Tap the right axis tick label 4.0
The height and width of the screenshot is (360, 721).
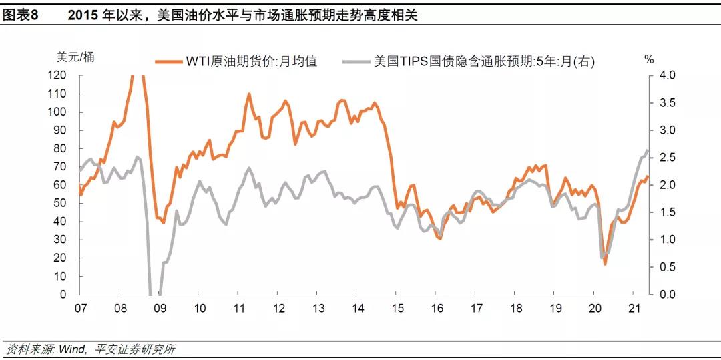[x=667, y=75]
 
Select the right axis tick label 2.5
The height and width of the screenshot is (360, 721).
[x=667, y=158]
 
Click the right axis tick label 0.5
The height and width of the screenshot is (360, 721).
[x=667, y=267]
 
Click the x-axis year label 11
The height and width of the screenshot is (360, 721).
[x=238, y=309]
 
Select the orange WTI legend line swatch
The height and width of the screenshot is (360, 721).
[x=168, y=61]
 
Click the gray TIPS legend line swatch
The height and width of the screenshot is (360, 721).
[x=356, y=61]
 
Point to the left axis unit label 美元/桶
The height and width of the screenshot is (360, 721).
[x=75, y=57]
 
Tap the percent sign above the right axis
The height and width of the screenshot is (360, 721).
[x=649, y=59]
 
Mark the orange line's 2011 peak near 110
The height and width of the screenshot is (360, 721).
[x=249, y=94]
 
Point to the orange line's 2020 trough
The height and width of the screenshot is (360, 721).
[x=605, y=264]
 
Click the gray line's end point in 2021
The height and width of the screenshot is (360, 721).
[x=647, y=150]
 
